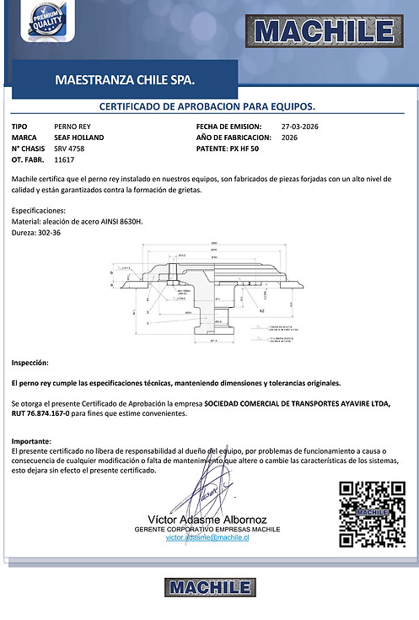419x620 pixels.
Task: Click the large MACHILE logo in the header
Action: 324,32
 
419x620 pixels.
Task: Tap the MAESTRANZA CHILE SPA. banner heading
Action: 124,82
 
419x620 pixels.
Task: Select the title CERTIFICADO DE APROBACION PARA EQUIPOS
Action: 207,107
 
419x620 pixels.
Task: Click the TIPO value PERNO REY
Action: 72,126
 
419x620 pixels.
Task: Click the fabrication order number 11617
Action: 64,159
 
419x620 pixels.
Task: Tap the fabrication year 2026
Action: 289,137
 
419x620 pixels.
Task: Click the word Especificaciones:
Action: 40,209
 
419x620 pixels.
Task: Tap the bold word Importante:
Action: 32,442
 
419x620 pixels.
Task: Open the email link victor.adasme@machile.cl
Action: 207,536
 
